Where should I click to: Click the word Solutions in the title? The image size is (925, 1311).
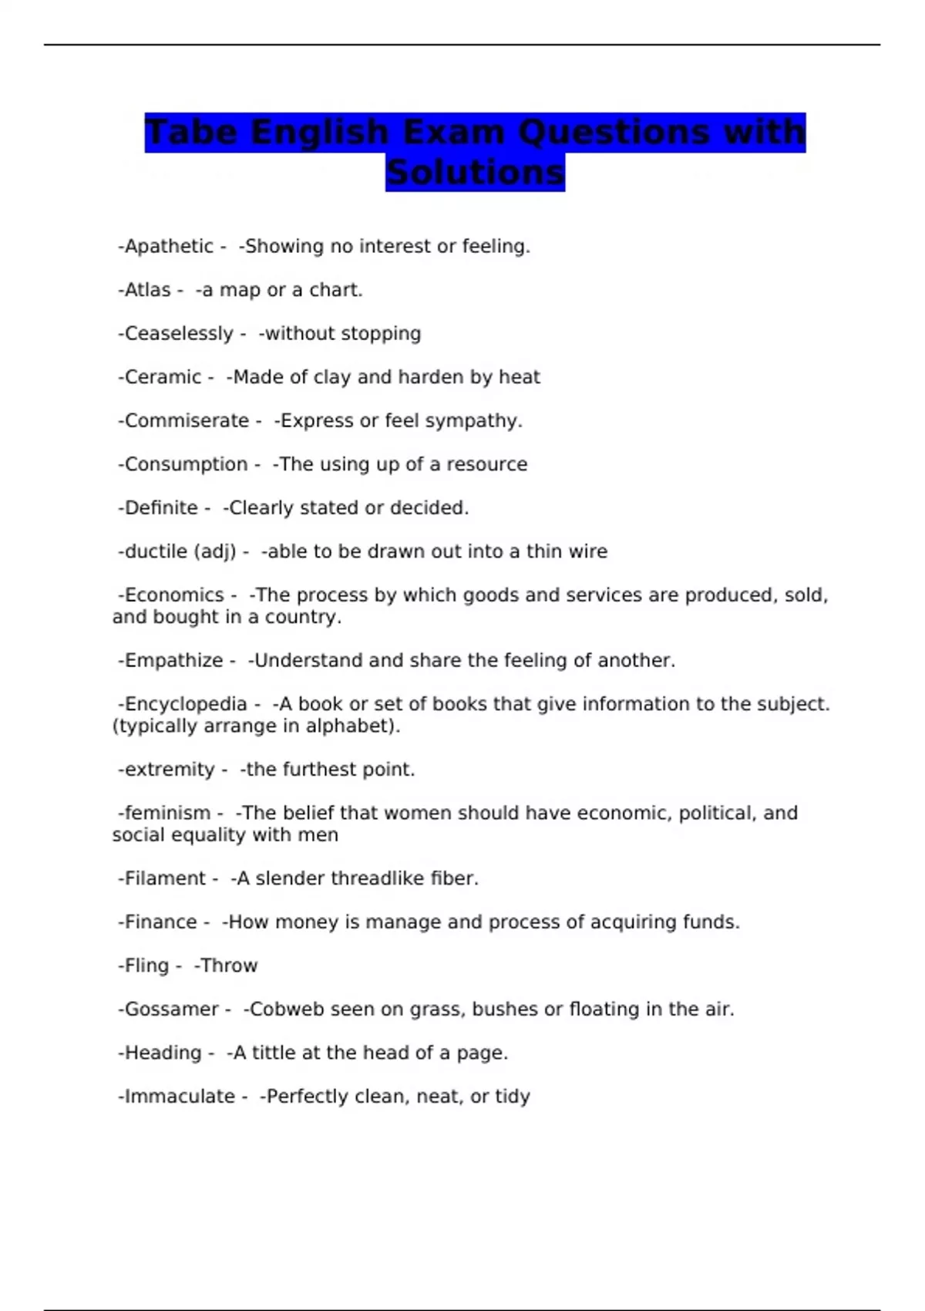pos(475,172)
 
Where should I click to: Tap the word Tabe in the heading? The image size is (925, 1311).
pos(191,132)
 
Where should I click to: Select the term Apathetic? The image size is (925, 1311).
pos(169,247)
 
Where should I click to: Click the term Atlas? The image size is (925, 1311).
pos(147,290)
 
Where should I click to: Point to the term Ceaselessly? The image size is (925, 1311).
pos(179,334)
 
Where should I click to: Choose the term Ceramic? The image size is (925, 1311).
pos(163,377)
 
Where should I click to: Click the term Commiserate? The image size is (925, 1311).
pos(187,421)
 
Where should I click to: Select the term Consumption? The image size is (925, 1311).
pos(186,464)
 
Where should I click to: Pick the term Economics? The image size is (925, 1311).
pos(174,595)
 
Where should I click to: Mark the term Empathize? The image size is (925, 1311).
pos(173,661)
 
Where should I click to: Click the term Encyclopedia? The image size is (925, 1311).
pos(186,704)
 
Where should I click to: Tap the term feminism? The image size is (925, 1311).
pos(167,813)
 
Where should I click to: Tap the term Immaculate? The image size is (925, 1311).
pos(180,1097)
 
